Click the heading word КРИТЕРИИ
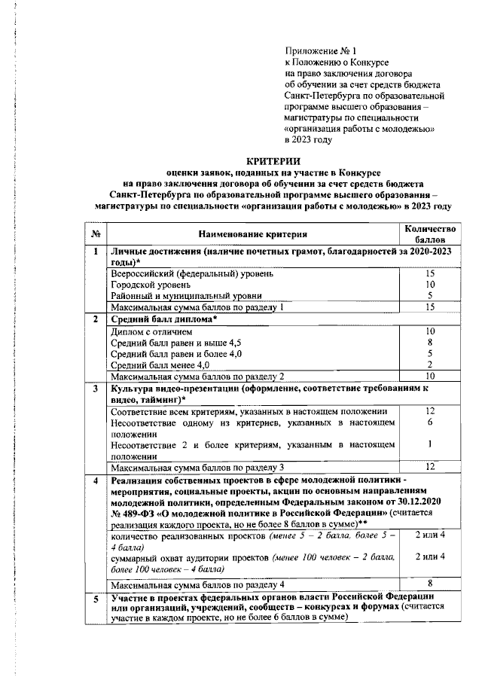(x=273, y=161)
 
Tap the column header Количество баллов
(x=428, y=233)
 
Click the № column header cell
(x=96, y=234)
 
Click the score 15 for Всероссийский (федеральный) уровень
(x=431, y=274)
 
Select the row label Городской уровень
(x=144, y=285)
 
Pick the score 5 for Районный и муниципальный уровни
(x=431, y=296)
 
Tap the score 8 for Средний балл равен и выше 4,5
(x=431, y=342)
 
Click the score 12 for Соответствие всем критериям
(x=431, y=411)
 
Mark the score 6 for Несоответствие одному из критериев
(x=431, y=423)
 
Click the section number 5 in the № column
(x=96, y=599)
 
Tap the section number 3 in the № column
(x=96, y=389)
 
